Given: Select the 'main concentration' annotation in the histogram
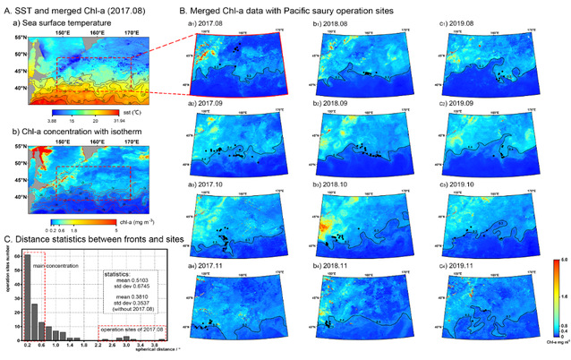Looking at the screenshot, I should point(55,264).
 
